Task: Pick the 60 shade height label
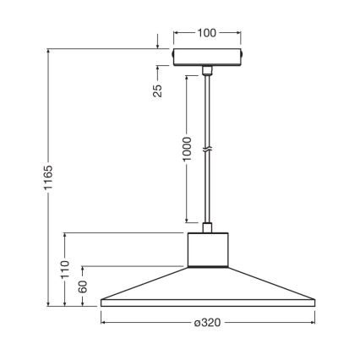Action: (x=84, y=286)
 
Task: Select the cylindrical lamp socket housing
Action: (x=207, y=250)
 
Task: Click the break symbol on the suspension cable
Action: (x=207, y=152)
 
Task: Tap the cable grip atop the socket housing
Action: (x=207, y=227)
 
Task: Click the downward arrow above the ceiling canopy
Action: (x=158, y=45)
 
